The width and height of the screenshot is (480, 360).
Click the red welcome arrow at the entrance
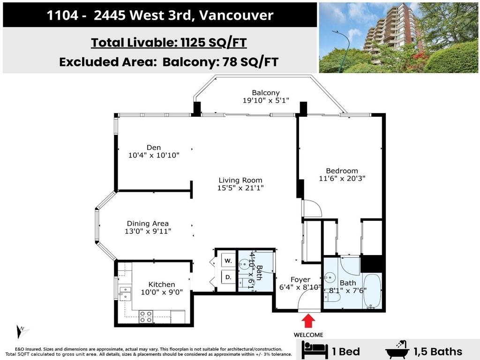click(309, 322)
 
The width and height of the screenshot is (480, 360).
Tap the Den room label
click(154, 148)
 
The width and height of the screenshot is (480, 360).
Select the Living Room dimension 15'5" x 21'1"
click(240, 188)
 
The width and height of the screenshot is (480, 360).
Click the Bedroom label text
click(342, 171)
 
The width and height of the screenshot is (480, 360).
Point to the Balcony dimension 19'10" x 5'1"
click(265, 100)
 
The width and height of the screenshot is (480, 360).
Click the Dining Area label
click(148, 224)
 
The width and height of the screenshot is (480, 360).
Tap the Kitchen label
click(162, 284)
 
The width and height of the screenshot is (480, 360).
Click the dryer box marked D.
click(228, 277)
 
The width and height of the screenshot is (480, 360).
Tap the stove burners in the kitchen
click(146, 316)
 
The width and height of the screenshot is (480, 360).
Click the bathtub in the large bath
click(372, 291)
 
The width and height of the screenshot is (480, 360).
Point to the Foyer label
click(300, 279)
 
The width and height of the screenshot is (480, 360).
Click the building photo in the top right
click(398, 37)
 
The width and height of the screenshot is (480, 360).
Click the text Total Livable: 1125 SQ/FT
click(169, 43)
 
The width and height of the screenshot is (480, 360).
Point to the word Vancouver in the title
click(236, 15)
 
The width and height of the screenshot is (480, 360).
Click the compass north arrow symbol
click(21, 332)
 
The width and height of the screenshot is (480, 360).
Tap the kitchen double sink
click(125, 293)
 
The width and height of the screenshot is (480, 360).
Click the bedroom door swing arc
click(312, 209)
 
